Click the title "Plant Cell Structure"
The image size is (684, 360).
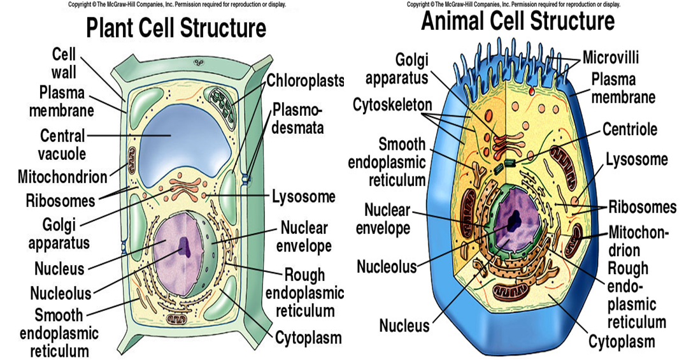[176, 29]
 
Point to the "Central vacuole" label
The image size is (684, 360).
[62, 145]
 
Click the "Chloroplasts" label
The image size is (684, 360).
[305, 81]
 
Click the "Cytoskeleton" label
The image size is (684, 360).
[392, 104]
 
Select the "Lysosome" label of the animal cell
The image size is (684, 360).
[636, 159]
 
